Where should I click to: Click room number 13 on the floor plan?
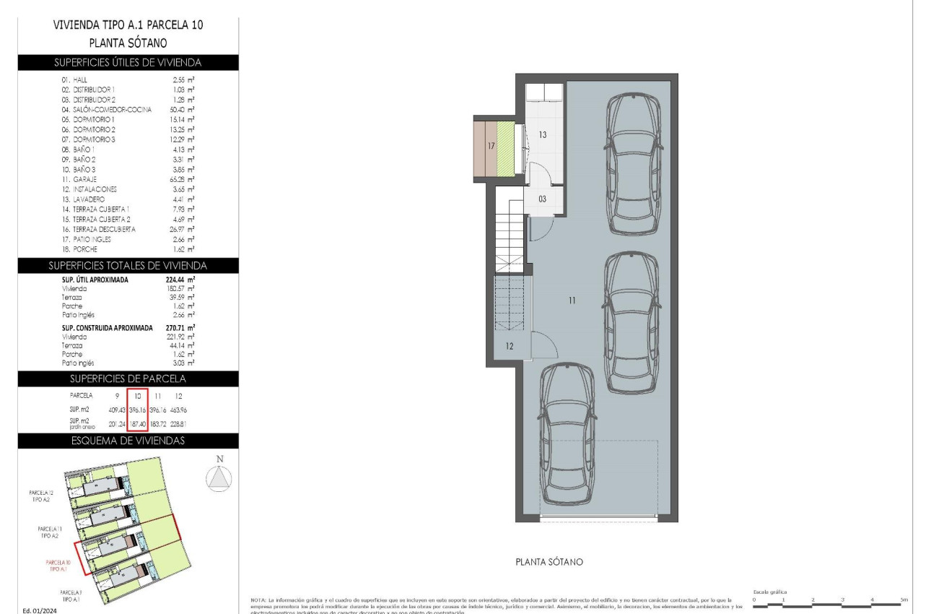(542, 134)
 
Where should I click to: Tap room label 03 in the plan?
(542, 198)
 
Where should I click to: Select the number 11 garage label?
(572, 300)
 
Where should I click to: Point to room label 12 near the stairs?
(510, 347)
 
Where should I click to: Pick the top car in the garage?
(634, 165)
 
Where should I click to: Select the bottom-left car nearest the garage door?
(567, 433)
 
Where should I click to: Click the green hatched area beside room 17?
(506, 148)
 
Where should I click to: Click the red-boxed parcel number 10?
(137, 396)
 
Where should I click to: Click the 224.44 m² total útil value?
(180, 280)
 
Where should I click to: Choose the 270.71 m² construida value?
(180, 327)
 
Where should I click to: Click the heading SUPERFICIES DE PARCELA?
(128, 379)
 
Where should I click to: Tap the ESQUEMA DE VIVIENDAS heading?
(128, 441)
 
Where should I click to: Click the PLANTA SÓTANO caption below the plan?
(548, 562)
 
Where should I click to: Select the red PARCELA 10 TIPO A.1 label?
(58, 566)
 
